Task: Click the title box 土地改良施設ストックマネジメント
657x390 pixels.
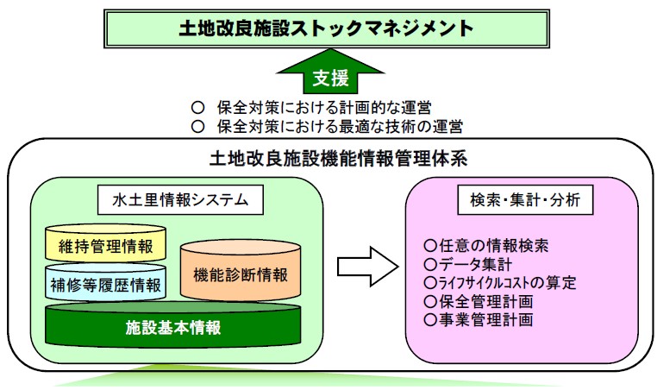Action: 327,28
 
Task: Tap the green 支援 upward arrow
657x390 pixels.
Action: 330,72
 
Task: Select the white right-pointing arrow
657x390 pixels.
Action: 368,267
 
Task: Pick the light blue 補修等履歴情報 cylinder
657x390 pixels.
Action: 105,283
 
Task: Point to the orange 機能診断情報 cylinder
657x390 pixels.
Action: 241,271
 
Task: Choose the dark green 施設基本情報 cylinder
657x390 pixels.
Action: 173,325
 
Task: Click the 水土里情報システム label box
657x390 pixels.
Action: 180,200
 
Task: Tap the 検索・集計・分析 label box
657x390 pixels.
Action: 525,200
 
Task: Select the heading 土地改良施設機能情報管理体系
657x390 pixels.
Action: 338,160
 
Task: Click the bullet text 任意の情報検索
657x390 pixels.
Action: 493,245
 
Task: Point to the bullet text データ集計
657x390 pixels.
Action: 476,264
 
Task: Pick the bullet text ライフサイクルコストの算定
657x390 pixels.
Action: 508,283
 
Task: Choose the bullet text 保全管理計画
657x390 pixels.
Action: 486,301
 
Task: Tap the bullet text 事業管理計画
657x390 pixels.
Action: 486,320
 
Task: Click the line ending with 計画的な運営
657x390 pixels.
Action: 324,108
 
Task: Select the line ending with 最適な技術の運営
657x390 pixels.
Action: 340,126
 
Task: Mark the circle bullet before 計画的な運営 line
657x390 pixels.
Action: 197,108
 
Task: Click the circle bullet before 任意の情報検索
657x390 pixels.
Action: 430,245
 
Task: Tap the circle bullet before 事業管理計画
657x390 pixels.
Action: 430,320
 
